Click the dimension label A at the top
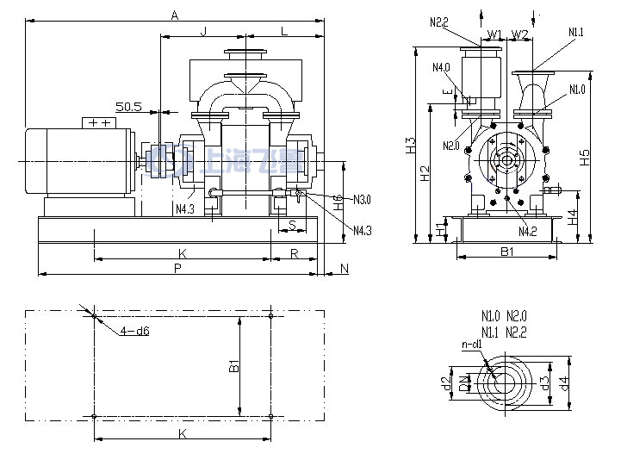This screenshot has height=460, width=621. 175,15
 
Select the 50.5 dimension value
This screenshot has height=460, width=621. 128,106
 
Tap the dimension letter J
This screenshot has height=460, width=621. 203,31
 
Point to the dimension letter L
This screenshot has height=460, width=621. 284,31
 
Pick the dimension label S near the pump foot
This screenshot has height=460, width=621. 293,225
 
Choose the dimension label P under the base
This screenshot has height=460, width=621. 177,268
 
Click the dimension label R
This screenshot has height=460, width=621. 294,253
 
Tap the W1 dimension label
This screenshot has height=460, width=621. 494,34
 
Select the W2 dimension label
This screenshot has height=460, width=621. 520,34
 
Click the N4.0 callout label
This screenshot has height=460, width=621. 442,67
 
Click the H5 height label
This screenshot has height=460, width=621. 585,157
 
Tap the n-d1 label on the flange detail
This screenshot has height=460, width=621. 471,345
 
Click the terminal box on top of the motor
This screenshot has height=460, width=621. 97,123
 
